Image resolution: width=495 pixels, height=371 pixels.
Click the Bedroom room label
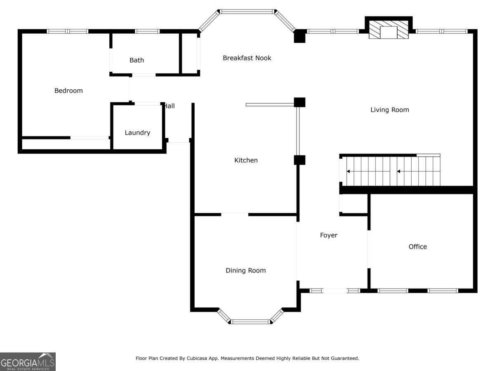pyautogui.click(x=68, y=91)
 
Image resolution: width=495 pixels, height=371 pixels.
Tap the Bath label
pyautogui.click(x=137, y=60)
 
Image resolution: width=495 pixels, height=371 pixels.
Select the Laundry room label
pyautogui.click(x=137, y=133)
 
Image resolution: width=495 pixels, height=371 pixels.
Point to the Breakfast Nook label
pyautogui.click(x=247, y=58)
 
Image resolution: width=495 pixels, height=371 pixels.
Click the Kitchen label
pyautogui.click(x=246, y=160)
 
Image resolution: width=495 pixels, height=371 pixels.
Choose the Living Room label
pyautogui.click(x=390, y=110)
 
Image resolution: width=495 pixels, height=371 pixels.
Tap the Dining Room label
pyautogui.click(x=245, y=270)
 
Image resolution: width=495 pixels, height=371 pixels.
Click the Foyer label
pyautogui.click(x=329, y=235)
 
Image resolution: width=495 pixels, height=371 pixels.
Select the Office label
pyautogui.click(x=417, y=247)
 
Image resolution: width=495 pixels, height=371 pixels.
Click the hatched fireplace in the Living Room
pyautogui.click(x=389, y=30)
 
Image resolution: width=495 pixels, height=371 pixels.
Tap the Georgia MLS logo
pyautogui.click(x=28, y=362)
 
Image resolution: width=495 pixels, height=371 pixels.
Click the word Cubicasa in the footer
pyautogui.click(x=196, y=358)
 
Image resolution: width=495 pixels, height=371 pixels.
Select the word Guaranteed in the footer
pyautogui.click(x=346, y=358)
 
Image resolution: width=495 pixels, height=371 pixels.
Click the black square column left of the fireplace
pyautogui.click(x=299, y=36)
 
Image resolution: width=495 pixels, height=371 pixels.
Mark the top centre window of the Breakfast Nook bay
pyautogui.click(x=247, y=12)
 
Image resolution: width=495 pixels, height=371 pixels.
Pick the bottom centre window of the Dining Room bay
pyautogui.click(x=250, y=322)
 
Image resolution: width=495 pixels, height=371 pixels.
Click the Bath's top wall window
pyautogui.click(x=147, y=31)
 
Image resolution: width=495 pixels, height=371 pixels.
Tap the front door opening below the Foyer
pyautogui.click(x=335, y=291)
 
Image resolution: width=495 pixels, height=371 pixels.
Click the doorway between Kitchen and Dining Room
pyautogui.click(x=235, y=214)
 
